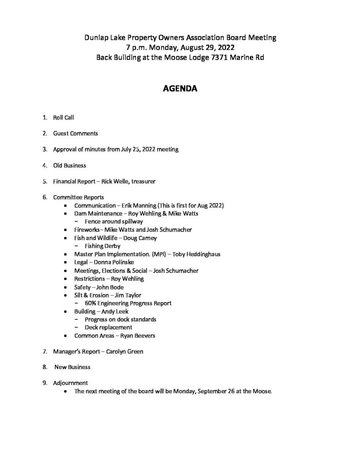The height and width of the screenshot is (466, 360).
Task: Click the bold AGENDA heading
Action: point(180,89)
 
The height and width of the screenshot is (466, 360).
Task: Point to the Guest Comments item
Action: point(75,133)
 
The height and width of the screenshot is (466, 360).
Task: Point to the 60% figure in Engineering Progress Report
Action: point(90,303)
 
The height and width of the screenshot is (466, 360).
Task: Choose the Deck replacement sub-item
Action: point(108,327)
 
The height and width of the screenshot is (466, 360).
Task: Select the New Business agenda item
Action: point(72,367)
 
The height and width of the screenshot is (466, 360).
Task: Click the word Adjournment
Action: point(70,383)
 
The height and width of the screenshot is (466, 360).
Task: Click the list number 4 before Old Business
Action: point(44,165)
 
